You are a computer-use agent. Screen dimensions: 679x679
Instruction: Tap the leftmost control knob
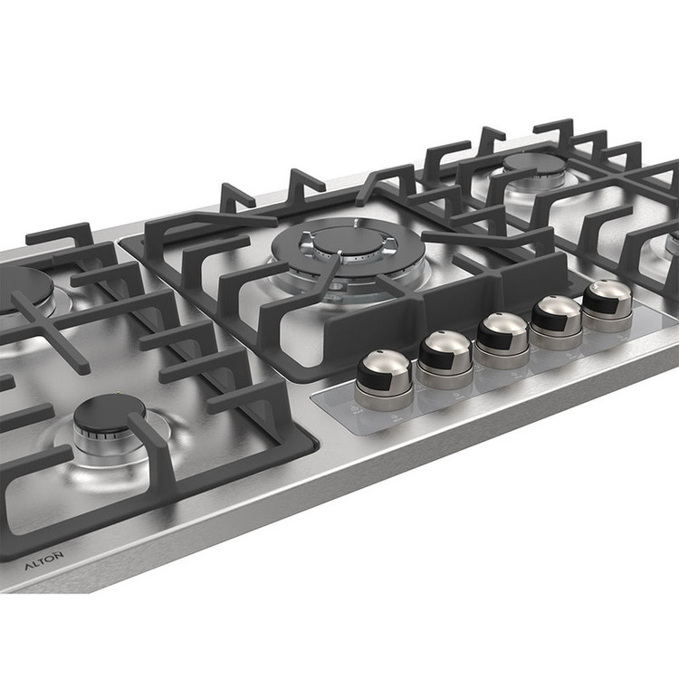(x=383, y=379)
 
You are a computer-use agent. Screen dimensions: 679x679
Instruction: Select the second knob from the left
(x=445, y=359)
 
